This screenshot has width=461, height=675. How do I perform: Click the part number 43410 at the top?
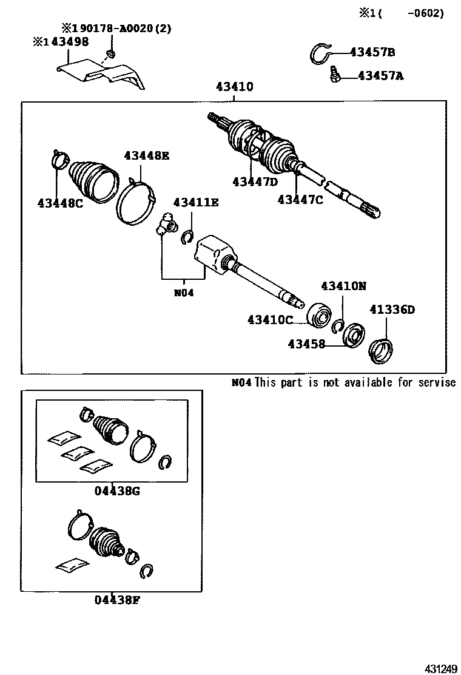click(234, 87)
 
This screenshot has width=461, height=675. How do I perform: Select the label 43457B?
click(372, 52)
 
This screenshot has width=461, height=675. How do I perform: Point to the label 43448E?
click(147, 155)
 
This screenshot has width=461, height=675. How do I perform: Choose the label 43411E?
click(195, 202)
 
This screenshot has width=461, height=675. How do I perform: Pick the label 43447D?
click(254, 181)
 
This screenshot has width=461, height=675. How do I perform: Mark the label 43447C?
click(300, 199)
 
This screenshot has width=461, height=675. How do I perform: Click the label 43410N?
click(344, 286)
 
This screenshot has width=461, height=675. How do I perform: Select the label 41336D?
click(392, 310)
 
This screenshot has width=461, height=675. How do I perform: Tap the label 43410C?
click(270, 319)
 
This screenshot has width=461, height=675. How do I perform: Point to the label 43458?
click(306, 344)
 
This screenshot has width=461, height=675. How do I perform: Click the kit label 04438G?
click(117, 490)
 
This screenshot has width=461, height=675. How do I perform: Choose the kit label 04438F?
click(117, 600)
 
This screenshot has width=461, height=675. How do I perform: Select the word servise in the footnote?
click(436, 382)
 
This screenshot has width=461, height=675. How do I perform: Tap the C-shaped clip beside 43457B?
click(321, 53)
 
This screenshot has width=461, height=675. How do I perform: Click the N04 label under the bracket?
click(183, 293)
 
